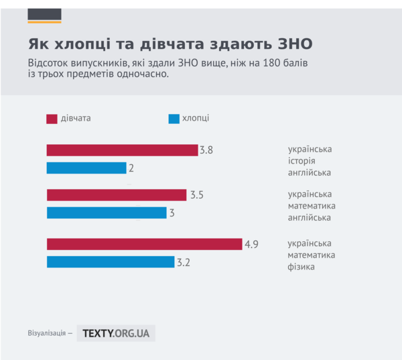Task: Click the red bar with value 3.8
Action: click(122, 150)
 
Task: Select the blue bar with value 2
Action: click(86, 168)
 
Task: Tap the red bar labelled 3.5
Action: click(117, 195)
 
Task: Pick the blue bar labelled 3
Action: click(107, 213)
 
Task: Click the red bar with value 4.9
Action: click(144, 244)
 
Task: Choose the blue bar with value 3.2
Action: click(111, 262)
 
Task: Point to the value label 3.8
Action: click(206, 150)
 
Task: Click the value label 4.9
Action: click(251, 244)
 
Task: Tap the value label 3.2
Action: click(184, 263)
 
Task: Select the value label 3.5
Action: click(197, 196)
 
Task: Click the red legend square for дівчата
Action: click(52, 119)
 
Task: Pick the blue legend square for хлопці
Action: click(174, 119)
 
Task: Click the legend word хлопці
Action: click(196, 118)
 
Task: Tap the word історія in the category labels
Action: click(301, 161)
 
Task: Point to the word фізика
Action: click(301, 267)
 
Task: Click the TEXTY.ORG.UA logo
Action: click(116, 333)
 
